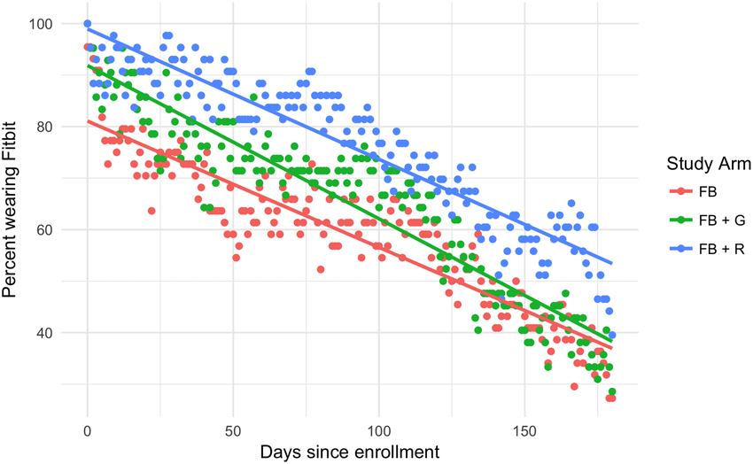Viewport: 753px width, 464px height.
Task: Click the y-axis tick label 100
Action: coord(41,23)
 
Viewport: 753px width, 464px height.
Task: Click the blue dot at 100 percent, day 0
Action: coord(88,24)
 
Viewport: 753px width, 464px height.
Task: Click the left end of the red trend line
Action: coord(88,122)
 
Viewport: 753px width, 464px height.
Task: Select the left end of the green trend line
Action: coord(88,66)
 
